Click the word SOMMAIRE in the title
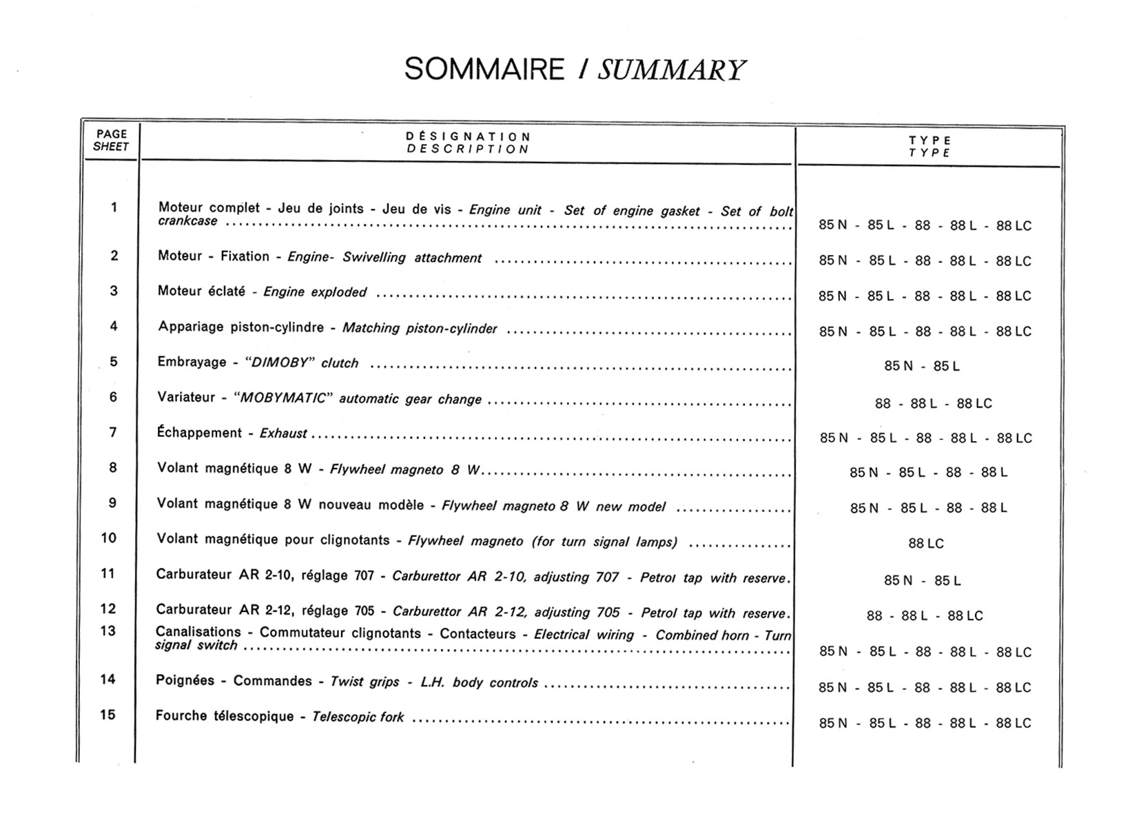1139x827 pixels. (484, 70)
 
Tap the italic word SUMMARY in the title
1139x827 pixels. (670, 70)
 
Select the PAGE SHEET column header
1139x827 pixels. (111, 141)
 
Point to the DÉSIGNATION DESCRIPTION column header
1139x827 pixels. (468, 143)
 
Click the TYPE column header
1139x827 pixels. (930, 146)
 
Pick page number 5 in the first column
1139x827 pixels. (114, 361)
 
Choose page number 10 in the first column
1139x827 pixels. (109, 538)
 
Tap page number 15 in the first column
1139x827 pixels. (107, 715)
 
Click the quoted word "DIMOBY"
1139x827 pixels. (279, 363)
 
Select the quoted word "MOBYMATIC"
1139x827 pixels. (283, 398)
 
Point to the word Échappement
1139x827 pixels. (199, 433)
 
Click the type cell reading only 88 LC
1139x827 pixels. (925, 544)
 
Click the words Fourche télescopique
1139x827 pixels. (225, 716)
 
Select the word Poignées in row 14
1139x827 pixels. (185, 681)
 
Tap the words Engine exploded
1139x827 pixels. (315, 292)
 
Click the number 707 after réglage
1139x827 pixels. (364, 575)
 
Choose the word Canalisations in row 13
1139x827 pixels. (198, 632)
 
